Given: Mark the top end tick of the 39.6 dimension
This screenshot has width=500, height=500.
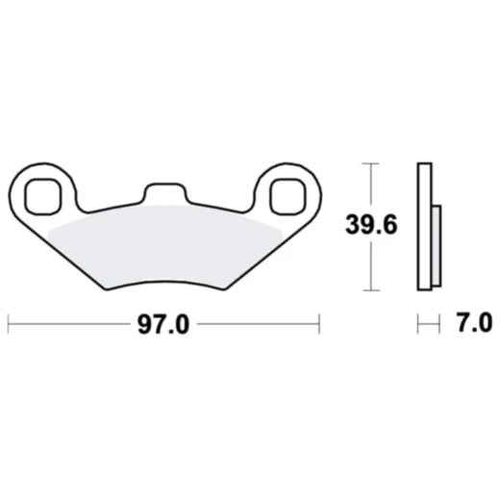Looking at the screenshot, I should pos(369,164).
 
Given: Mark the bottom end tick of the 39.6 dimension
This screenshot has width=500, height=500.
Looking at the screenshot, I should pos(369,289).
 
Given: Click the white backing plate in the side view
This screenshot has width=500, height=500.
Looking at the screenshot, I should pos(424,226).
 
